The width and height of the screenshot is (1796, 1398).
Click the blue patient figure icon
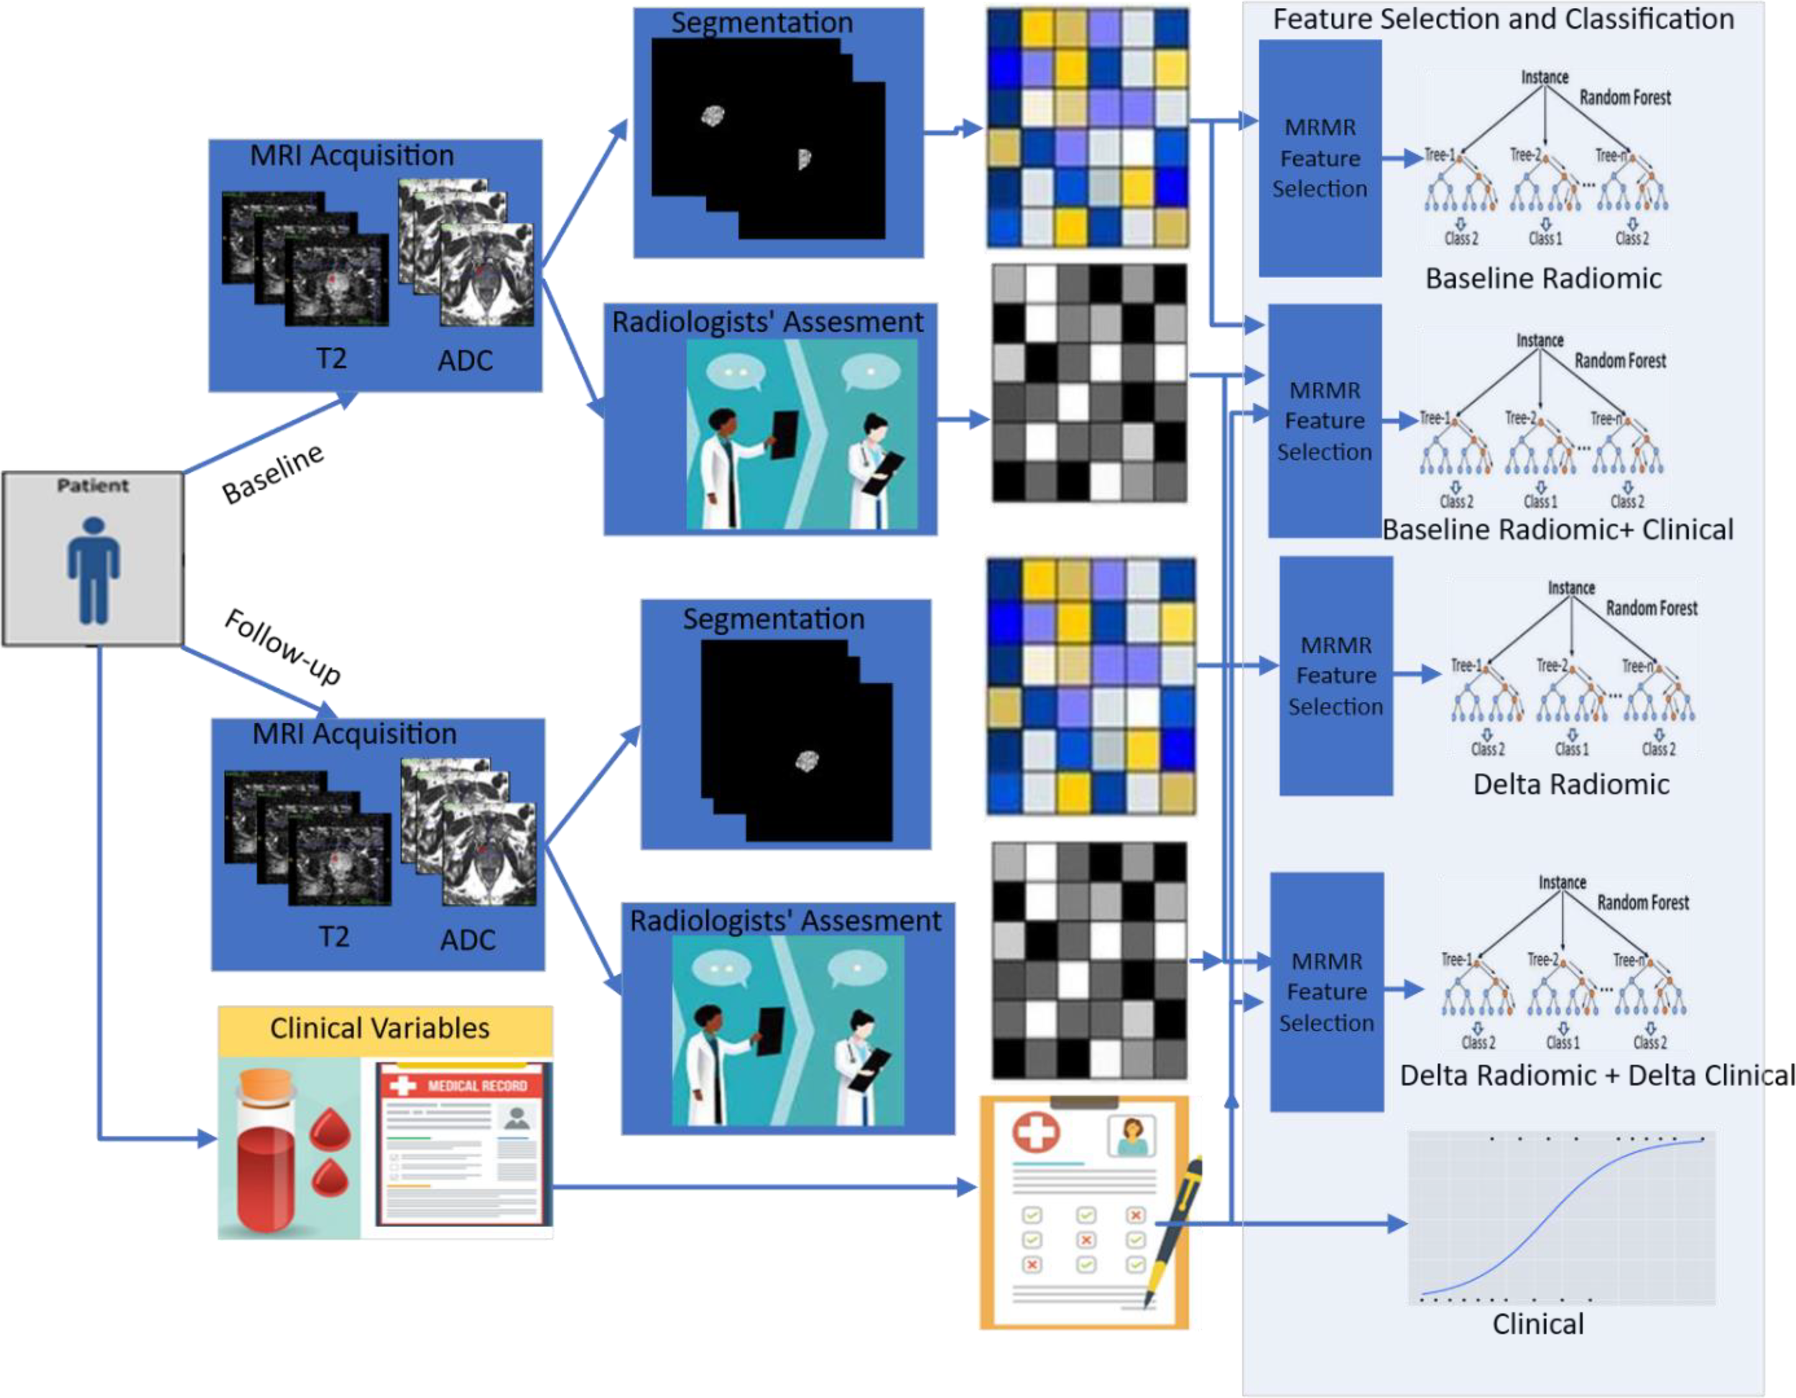(x=93, y=569)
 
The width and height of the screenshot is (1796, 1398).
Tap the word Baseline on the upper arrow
(x=273, y=474)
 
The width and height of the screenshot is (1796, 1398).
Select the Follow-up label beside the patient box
(x=282, y=647)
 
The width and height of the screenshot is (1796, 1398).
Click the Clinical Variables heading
(x=379, y=1028)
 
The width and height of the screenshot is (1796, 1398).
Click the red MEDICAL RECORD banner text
(x=477, y=1085)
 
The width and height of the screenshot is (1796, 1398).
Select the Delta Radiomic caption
(x=1570, y=784)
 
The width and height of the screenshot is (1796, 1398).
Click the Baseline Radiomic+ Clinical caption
(x=1557, y=529)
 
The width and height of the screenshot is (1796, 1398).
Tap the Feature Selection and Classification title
(x=1503, y=19)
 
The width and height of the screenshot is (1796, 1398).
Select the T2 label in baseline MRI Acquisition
(x=331, y=359)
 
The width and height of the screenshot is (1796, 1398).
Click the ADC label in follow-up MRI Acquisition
(x=467, y=940)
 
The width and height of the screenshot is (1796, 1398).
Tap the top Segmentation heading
(x=762, y=23)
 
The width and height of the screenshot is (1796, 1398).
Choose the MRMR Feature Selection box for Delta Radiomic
(x=1336, y=676)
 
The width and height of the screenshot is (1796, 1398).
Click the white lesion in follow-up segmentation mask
(x=807, y=762)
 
